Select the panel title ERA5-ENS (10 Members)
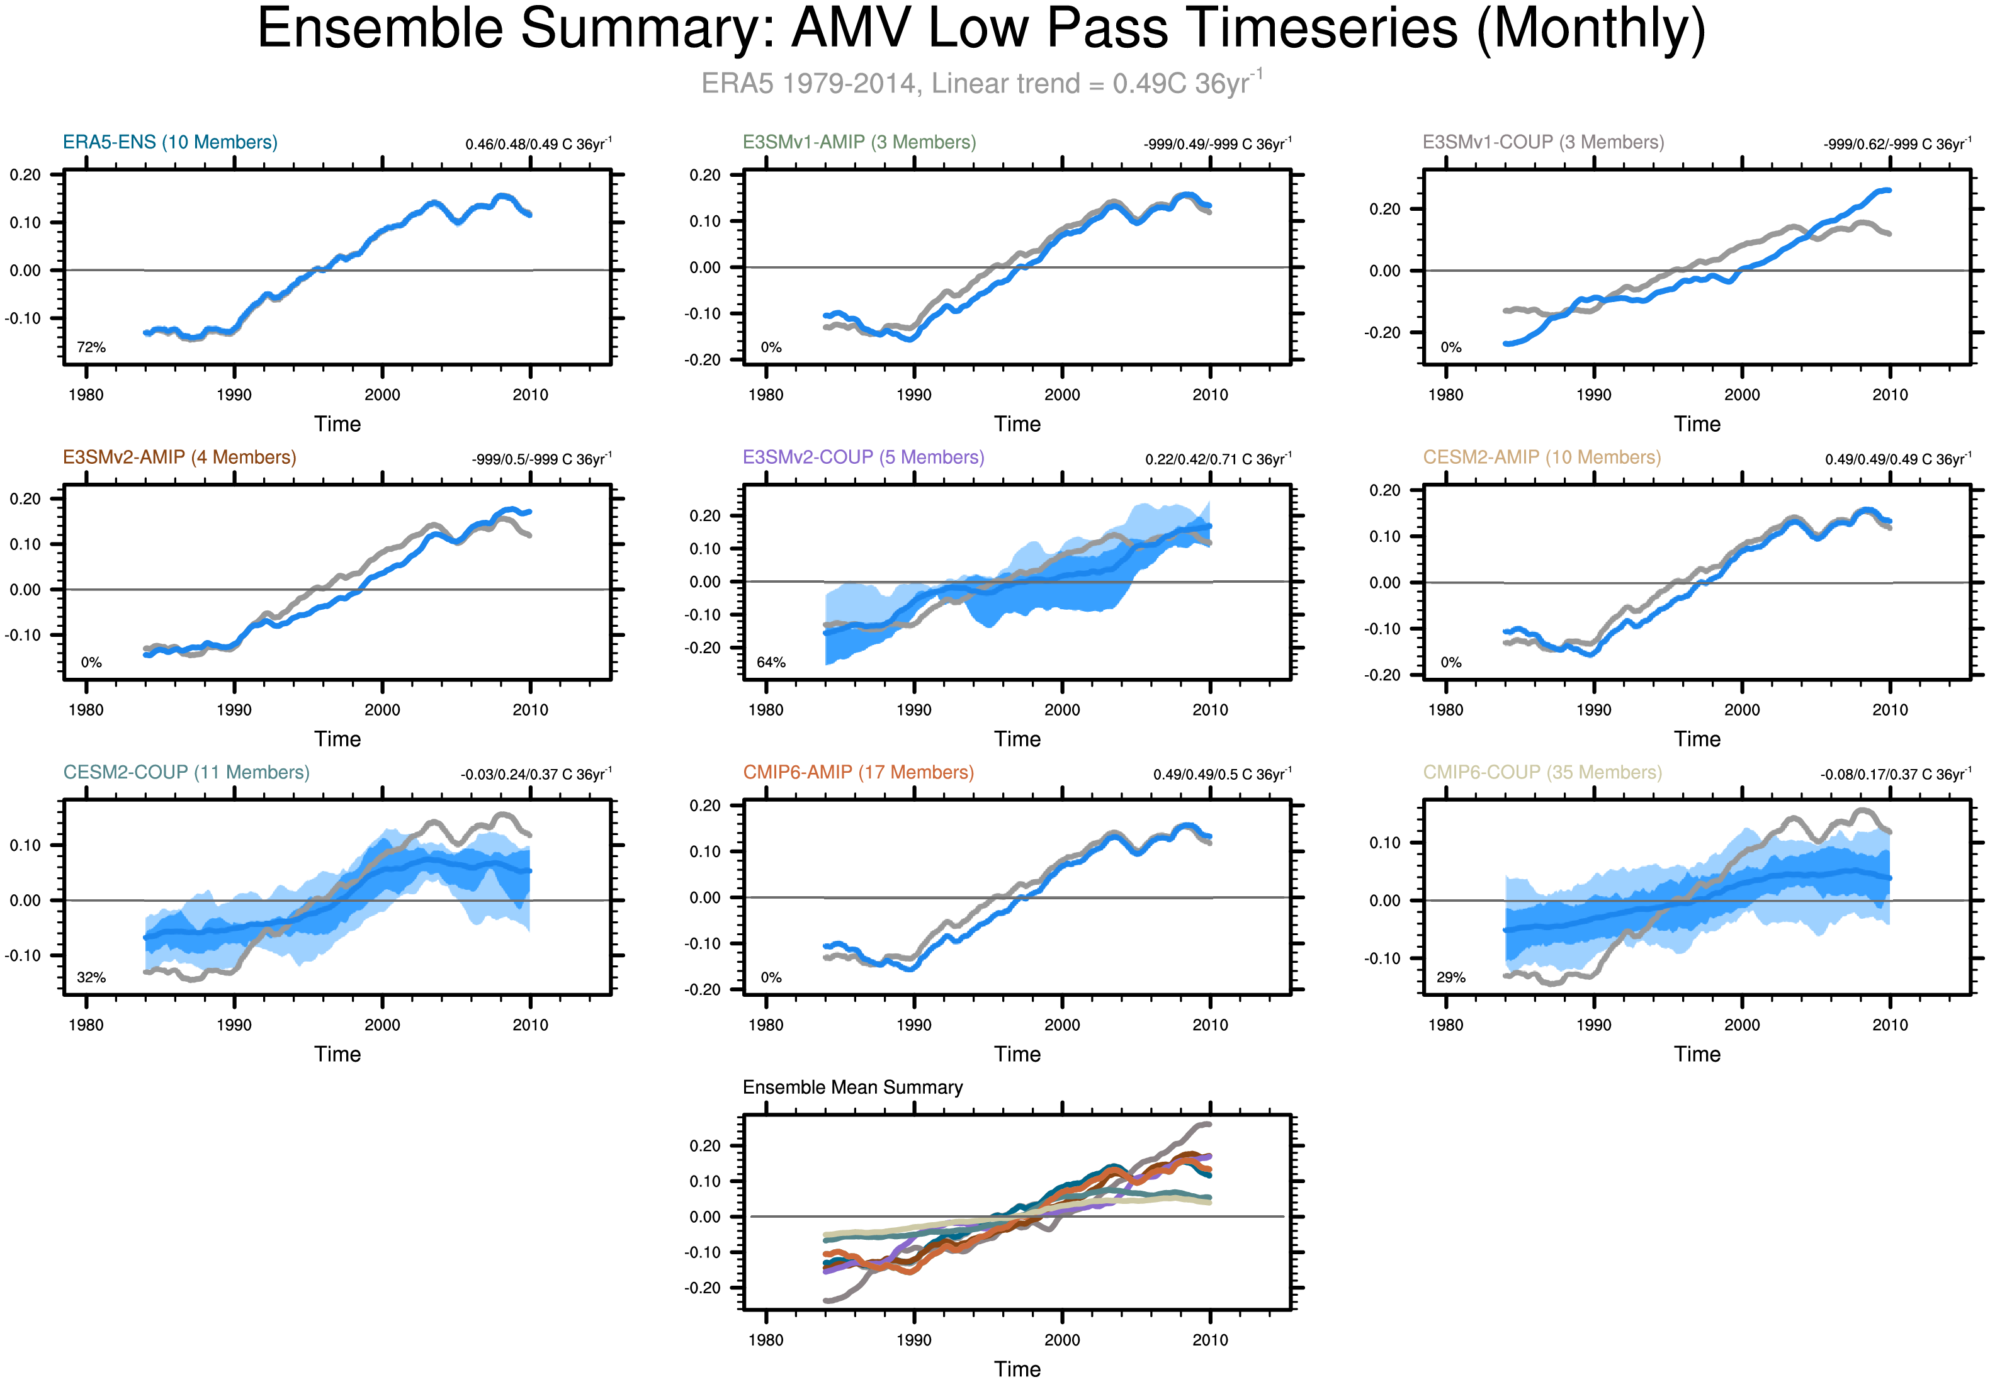(170, 142)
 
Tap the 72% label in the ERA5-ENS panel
(91, 347)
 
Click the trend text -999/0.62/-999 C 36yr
(1896, 143)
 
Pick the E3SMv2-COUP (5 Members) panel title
(862, 457)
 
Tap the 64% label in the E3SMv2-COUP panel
(771, 663)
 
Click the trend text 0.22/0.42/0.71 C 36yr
(1218, 459)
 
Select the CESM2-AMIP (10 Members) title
(1541, 457)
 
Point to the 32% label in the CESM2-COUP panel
(91, 977)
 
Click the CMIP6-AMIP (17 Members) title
(857, 772)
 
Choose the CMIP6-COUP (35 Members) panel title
(1542, 772)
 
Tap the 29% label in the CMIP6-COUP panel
(1450, 977)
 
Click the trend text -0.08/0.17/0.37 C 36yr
(1895, 774)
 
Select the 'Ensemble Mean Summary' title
(852, 1087)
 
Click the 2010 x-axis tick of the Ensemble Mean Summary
(1210, 1340)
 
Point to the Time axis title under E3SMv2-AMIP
(337, 739)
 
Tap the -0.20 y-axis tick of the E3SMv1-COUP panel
(1384, 332)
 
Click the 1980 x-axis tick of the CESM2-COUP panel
(86, 1025)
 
